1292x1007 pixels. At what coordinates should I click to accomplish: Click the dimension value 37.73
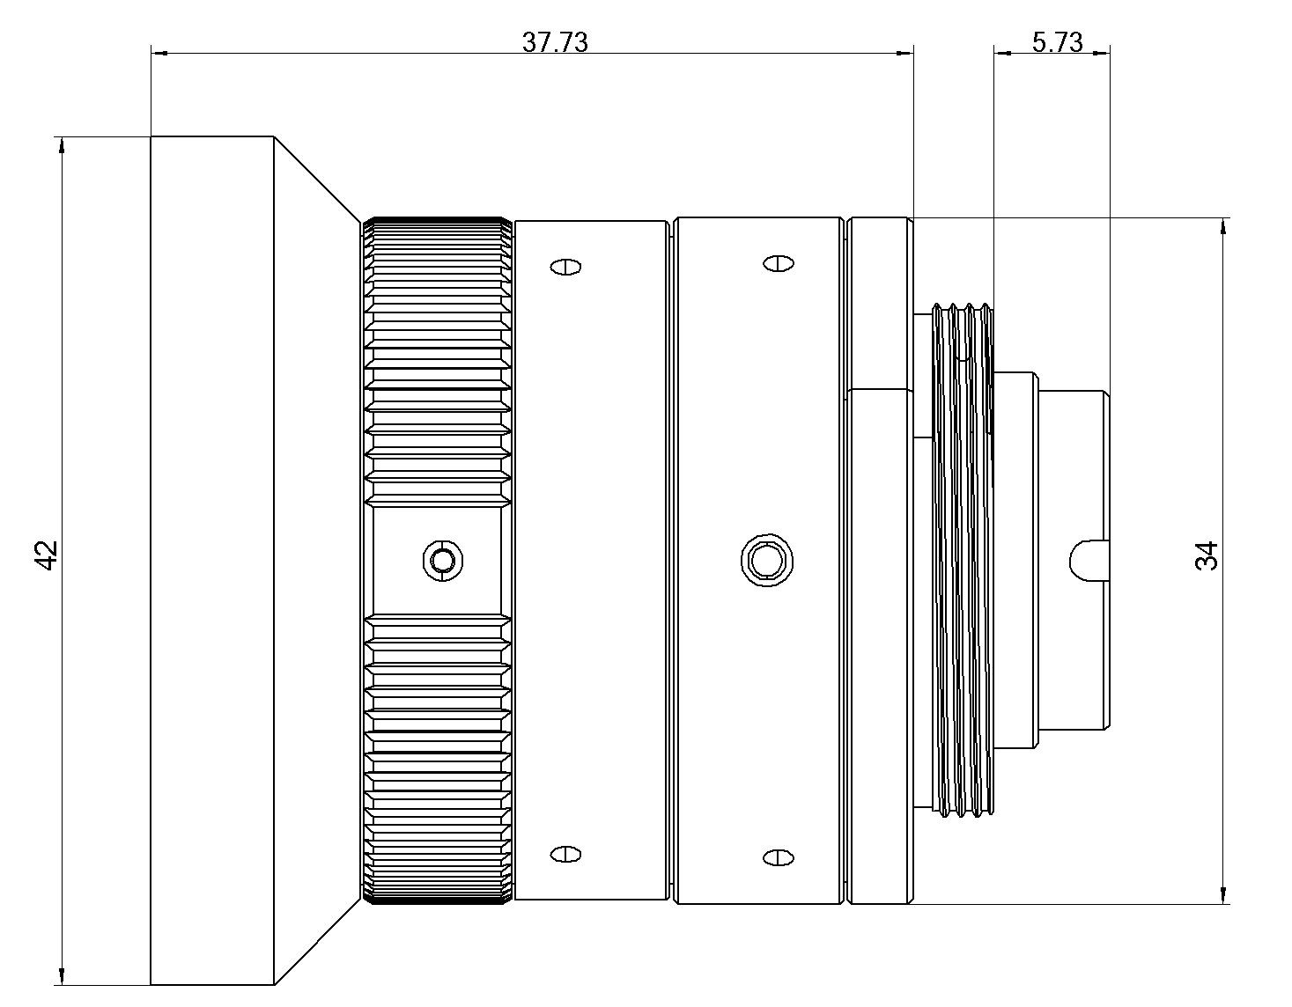pyautogui.click(x=554, y=41)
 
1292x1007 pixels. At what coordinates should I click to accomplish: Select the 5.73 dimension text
pyautogui.click(x=1057, y=41)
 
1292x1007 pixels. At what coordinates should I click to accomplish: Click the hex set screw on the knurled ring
pyautogui.click(x=443, y=560)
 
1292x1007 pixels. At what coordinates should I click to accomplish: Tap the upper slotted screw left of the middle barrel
pyautogui.click(x=565, y=267)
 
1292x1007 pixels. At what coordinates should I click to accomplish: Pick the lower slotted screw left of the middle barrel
pyautogui.click(x=565, y=853)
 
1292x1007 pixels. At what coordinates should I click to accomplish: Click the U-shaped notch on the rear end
pyautogui.click(x=1089, y=560)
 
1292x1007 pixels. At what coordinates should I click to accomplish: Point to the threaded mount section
pyautogui.click(x=963, y=559)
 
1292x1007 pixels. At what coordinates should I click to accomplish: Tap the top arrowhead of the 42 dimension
pyautogui.click(x=61, y=145)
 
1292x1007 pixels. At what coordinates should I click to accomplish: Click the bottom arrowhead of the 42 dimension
pyautogui.click(x=61, y=976)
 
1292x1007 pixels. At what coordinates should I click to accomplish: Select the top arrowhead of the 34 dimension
pyautogui.click(x=1223, y=226)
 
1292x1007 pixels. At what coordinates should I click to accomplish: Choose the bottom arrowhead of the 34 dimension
pyautogui.click(x=1223, y=895)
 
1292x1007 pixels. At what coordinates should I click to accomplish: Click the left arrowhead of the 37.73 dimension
pyautogui.click(x=159, y=54)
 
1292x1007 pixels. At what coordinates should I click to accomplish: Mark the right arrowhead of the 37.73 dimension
pyautogui.click(x=904, y=54)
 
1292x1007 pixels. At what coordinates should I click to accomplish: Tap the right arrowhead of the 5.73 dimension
pyautogui.click(x=1101, y=53)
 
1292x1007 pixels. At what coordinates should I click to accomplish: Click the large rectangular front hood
pyautogui.click(x=211, y=560)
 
